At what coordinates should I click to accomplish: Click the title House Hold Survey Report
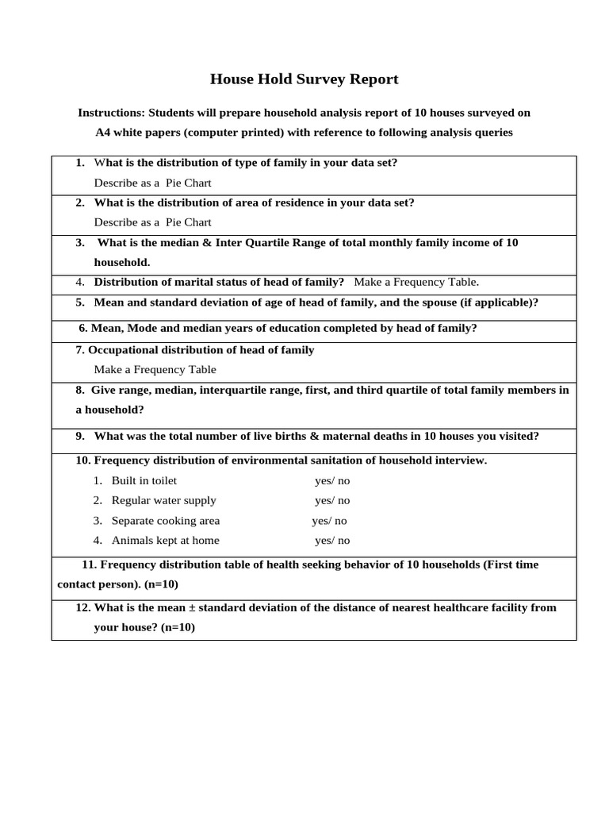[304, 79]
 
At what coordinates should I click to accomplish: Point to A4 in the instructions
[104, 133]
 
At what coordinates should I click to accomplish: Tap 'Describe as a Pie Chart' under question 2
[152, 222]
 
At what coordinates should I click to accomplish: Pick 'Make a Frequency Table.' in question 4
[416, 282]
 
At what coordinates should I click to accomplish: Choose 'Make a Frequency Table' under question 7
[155, 369]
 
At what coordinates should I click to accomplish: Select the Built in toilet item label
[144, 480]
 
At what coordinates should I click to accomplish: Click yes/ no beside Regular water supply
[331, 501]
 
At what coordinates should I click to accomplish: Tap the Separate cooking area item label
[166, 521]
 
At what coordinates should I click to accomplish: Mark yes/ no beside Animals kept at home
[331, 541]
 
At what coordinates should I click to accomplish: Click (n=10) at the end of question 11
[161, 584]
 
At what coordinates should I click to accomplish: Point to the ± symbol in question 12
[191, 607]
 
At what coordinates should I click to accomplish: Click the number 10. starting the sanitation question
[83, 460]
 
